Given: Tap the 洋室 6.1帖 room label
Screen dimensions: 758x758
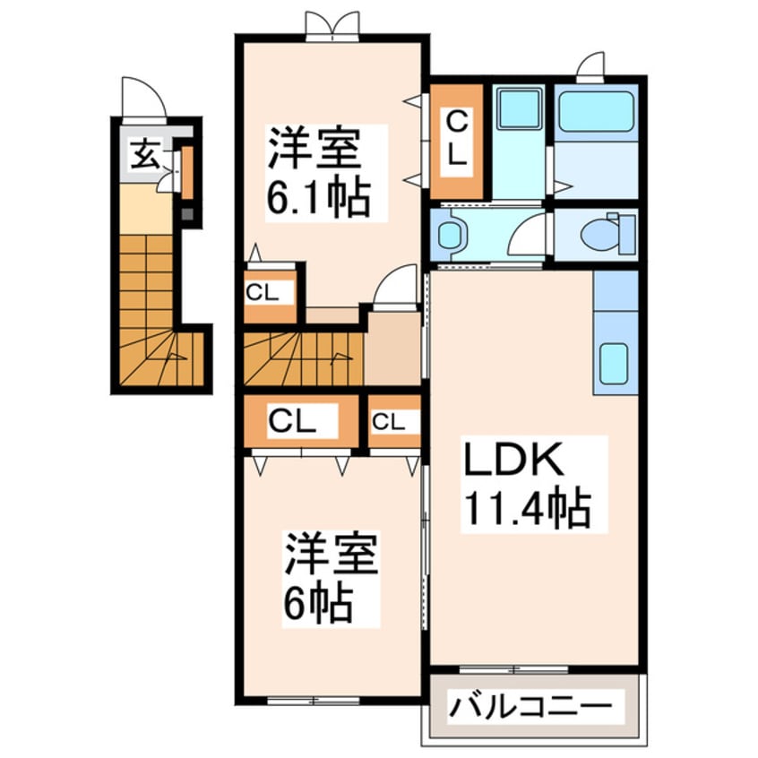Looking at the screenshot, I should (x=316, y=172).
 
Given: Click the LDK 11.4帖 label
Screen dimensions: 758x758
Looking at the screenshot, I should (x=525, y=485).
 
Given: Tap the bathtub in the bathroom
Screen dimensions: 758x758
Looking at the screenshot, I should (x=596, y=112).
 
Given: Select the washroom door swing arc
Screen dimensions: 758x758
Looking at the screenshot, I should (x=528, y=235).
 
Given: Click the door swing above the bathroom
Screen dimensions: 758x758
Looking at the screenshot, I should (x=590, y=66).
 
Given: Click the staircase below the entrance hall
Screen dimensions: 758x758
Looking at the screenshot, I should (x=149, y=314).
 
